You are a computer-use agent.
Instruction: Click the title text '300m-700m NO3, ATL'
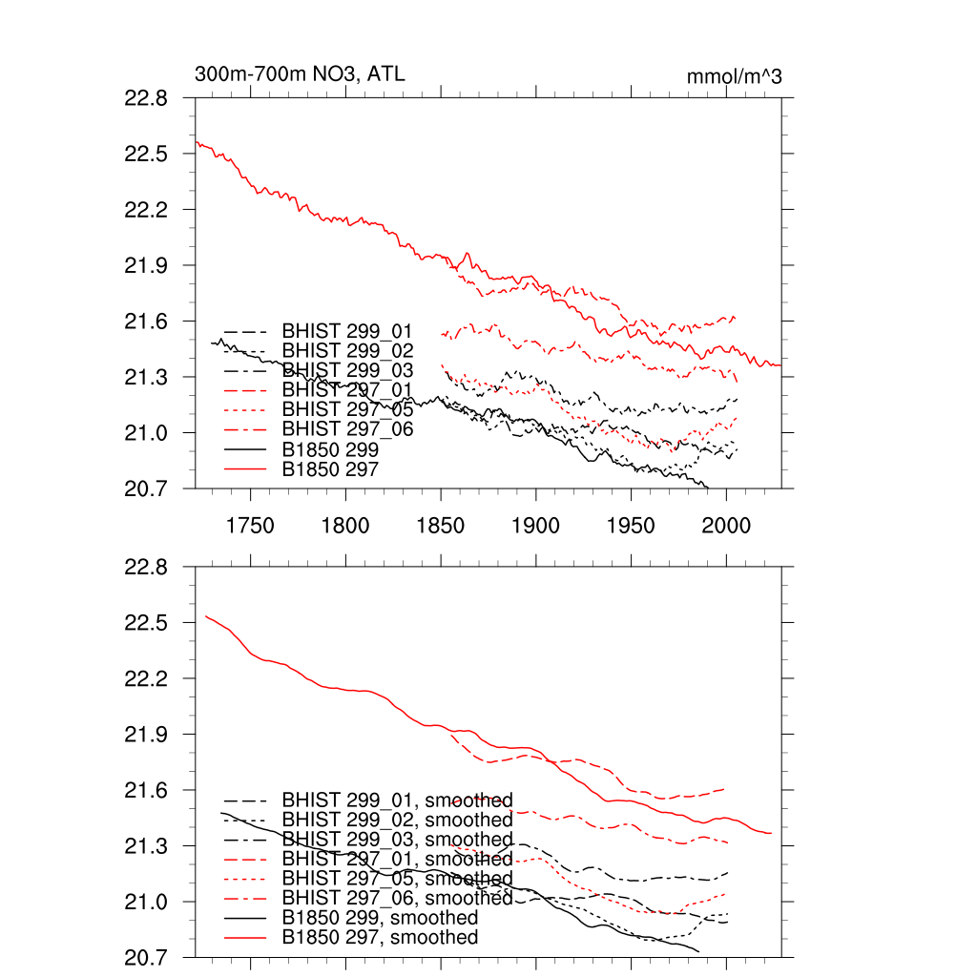pyautogui.click(x=300, y=73)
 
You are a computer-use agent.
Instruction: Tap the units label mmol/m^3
pyautogui.click(x=734, y=77)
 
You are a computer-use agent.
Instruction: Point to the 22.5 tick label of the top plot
pyautogui.click(x=146, y=155)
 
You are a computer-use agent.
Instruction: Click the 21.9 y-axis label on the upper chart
pyautogui.click(x=146, y=265)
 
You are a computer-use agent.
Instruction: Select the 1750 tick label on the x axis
pyautogui.click(x=250, y=526)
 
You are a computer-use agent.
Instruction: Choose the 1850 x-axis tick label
pyautogui.click(x=441, y=526)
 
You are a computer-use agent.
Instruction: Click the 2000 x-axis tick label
pyautogui.click(x=726, y=526)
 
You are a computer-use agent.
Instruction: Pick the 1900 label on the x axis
pyautogui.click(x=535, y=526)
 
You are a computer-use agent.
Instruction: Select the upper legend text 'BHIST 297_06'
pyautogui.click(x=347, y=429)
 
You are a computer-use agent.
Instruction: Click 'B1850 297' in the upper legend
pyautogui.click(x=331, y=468)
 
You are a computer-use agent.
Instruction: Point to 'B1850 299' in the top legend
pyautogui.click(x=331, y=448)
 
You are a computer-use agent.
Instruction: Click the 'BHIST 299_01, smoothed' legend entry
pyautogui.click(x=397, y=800)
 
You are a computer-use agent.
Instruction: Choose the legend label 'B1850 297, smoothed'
pyautogui.click(x=380, y=938)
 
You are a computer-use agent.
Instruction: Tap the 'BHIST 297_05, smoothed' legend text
pyautogui.click(x=397, y=879)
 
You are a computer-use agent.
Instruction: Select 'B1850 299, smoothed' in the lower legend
pyautogui.click(x=380, y=918)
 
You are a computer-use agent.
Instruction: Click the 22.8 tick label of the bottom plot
pyautogui.click(x=146, y=568)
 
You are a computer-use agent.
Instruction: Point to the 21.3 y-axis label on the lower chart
pyautogui.click(x=146, y=846)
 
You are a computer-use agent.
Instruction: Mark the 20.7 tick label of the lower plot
pyautogui.click(x=146, y=957)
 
